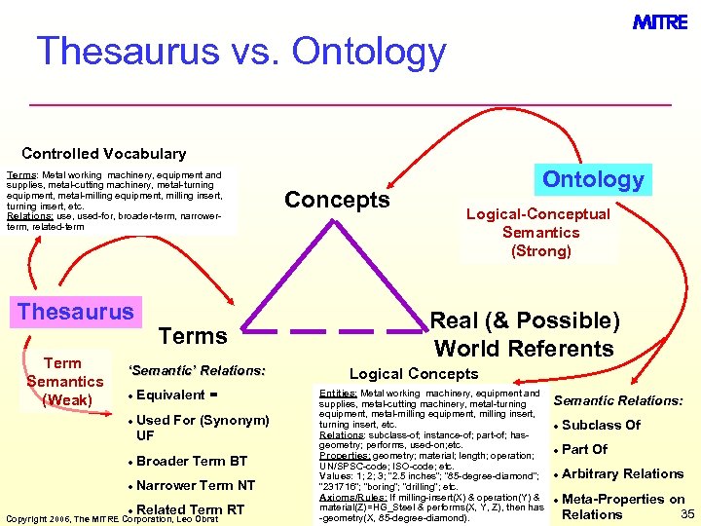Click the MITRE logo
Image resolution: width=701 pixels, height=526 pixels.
[x=659, y=22]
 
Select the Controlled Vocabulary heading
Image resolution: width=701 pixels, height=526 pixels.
[x=103, y=154]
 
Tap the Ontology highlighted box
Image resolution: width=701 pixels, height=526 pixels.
[x=593, y=179]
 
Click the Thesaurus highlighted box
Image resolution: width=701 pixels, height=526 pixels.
[x=76, y=312]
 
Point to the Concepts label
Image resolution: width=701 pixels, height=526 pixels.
[x=337, y=201]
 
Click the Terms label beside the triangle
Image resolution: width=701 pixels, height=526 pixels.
[x=193, y=337]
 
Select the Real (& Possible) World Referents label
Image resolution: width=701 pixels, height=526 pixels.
[x=525, y=335]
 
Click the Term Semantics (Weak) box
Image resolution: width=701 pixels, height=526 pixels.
[x=64, y=381]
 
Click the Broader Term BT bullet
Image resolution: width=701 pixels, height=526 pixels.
[x=193, y=461]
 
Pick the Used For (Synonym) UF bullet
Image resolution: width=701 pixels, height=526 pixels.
[x=203, y=428]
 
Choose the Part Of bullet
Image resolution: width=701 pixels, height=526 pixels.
[x=584, y=449]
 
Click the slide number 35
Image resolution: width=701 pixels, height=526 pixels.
[x=687, y=513]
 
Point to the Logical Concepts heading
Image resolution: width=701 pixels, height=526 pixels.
[x=414, y=374]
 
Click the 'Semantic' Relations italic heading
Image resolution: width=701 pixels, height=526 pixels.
[x=197, y=371]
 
